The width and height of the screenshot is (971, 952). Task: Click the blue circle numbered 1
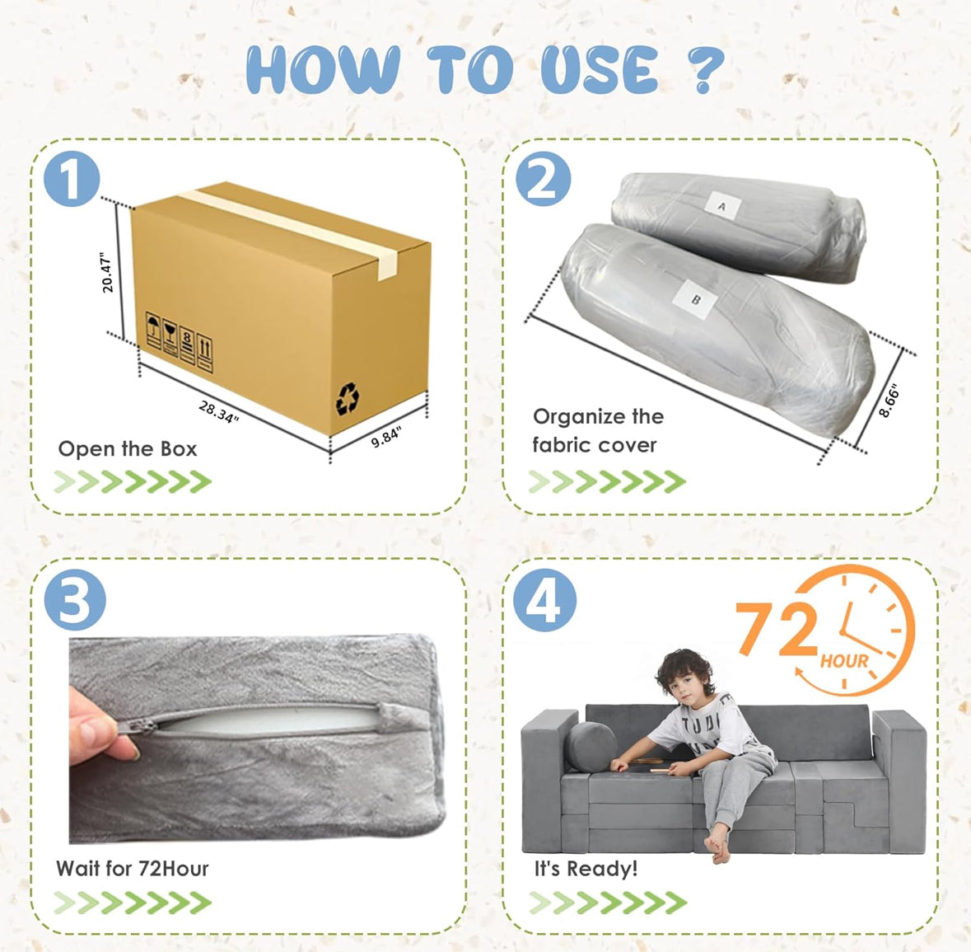pos(72,179)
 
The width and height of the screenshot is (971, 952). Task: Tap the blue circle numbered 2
pos(544,178)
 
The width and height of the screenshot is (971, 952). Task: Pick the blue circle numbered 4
pos(545,600)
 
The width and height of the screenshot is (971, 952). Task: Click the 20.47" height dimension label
pos(106,272)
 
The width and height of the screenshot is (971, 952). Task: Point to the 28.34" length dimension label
pos(218,412)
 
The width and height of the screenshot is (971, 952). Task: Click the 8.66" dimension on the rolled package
pos(889,401)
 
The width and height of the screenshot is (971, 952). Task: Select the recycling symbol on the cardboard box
pos(348,398)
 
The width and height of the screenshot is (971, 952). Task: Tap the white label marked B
pos(695,300)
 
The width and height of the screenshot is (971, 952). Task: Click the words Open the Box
pos(128,448)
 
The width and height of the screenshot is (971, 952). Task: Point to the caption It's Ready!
pos(586,869)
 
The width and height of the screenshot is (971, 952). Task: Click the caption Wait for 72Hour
pos(133,868)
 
